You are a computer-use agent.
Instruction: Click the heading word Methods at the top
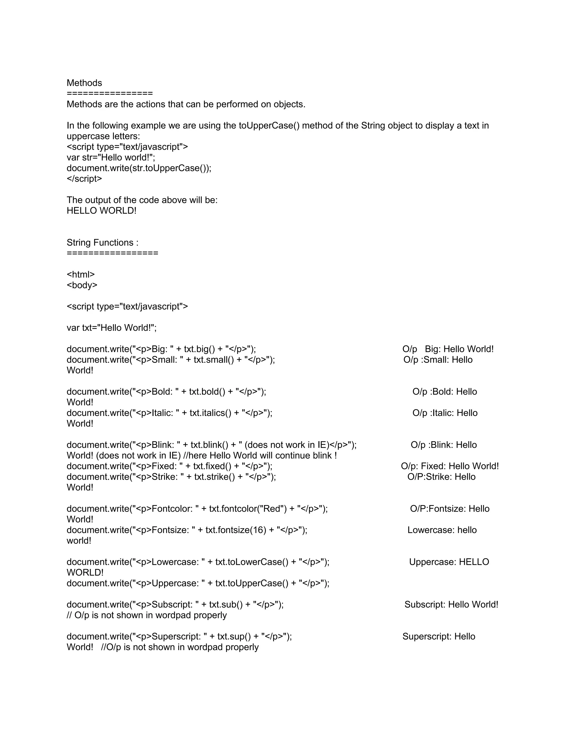pyautogui.click(x=84, y=83)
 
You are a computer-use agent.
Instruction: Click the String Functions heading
pyautogui.click(x=102, y=242)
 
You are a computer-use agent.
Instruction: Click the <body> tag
pyautogui.click(x=82, y=285)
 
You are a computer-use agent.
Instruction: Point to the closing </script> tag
pyautogui.click(x=84, y=179)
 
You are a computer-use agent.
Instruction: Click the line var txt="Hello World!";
pyautogui.click(x=111, y=327)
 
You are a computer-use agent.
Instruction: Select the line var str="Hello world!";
pyautogui.click(x=111, y=157)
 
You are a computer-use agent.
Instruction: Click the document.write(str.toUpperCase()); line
pyautogui.click(x=139, y=168)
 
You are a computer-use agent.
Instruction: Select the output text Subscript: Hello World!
pyautogui.click(x=451, y=604)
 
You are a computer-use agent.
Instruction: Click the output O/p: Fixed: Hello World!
pyautogui.click(x=450, y=466)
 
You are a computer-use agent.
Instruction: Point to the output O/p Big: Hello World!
pyautogui.click(x=448, y=349)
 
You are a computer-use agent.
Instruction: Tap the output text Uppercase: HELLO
pyautogui.click(x=449, y=562)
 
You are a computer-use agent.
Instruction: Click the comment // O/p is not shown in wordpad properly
pyautogui.click(x=146, y=615)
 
